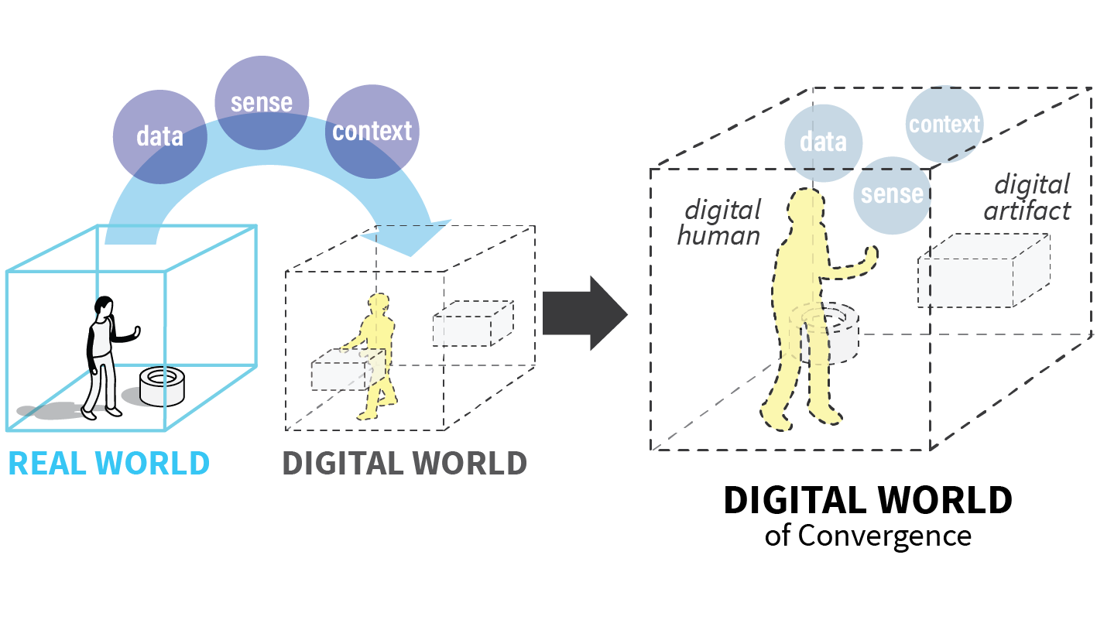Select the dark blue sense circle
(x=262, y=102)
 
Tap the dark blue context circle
(x=372, y=132)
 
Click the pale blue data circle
(x=822, y=142)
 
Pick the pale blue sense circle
(x=891, y=194)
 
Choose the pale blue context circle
(x=944, y=124)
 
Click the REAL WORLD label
(x=108, y=463)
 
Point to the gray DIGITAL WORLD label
(x=404, y=463)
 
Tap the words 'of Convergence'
(x=867, y=535)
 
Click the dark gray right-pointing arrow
(x=584, y=313)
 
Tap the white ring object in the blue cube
(x=163, y=385)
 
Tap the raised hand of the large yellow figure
(x=872, y=255)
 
